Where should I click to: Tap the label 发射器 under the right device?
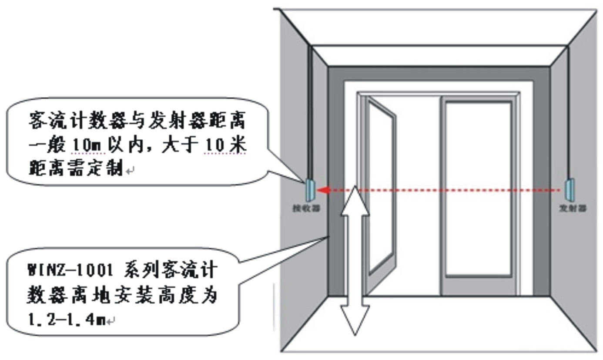click(x=572, y=209)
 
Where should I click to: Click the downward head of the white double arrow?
click(x=355, y=320)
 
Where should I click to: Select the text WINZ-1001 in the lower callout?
click(x=70, y=270)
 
